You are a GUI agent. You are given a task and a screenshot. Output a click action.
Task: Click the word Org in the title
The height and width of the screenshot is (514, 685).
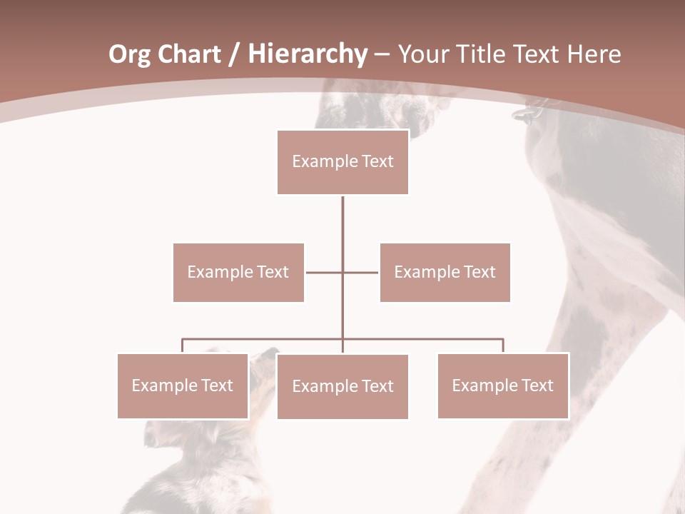(x=129, y=55)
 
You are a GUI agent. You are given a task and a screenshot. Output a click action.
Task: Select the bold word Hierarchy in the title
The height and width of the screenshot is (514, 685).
(x=308, y=55)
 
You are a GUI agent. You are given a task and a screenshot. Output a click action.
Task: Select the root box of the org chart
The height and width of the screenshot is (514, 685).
(x=342, y=162)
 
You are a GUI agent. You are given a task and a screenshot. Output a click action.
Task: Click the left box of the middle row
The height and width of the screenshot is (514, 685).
(x=238, y=272)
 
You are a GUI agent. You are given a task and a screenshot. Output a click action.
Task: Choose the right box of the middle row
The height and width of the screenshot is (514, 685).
(x=445, y=272)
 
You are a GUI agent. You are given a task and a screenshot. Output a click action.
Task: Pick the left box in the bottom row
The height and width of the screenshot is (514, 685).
(x=182, y=385)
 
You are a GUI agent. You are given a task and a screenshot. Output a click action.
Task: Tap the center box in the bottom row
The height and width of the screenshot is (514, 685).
(x=342, y=386)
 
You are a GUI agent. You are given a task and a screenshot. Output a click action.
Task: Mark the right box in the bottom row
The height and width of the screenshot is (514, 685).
(x=502, y=385)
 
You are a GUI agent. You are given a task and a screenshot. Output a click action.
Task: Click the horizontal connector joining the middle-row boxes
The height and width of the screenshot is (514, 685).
(x=325, y=272)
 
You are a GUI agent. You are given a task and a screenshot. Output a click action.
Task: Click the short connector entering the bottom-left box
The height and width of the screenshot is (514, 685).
(x=182, y=346)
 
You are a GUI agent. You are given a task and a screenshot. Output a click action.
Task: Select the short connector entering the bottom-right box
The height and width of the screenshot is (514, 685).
(x=503, y=346)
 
